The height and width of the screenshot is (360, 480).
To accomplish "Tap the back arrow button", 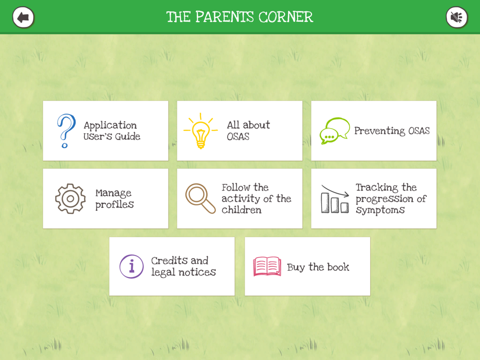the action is pos(23,17).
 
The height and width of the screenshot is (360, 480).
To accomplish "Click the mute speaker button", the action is pos(457,17).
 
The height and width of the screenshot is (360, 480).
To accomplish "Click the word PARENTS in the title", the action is pos(224,17).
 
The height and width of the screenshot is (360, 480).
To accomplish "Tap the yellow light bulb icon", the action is pos(201,131).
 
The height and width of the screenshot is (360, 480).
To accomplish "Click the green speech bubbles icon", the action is pos(335,131).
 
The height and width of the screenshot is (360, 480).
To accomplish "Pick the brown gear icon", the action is pos(71,199).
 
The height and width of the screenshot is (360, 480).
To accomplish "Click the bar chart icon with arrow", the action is pos(335,199).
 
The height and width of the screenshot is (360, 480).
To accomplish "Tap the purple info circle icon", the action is pos(132,266).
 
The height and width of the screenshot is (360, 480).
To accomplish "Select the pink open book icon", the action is pos(267,266).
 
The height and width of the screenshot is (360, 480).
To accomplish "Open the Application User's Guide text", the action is pos(112,131).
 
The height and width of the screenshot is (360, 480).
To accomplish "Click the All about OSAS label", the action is pos(248,131).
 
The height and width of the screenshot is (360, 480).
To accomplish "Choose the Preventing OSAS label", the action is pos(392,131).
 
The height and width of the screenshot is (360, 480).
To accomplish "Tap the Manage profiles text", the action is pos(115,199).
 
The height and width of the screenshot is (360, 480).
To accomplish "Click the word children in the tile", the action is pos(241,210).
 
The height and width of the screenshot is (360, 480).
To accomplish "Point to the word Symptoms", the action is pos(380,210).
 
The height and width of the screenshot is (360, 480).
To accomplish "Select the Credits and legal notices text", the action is pos(183,266).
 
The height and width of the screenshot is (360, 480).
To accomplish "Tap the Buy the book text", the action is pos(318,267).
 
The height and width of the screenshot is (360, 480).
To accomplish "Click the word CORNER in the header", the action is pos(286,17).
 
